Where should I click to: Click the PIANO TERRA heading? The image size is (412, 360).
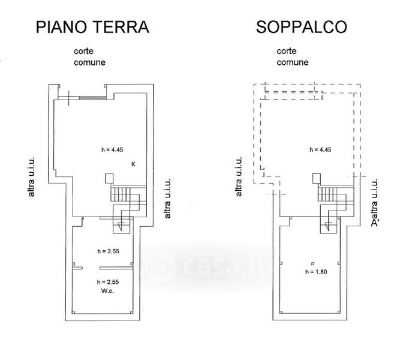pos(92,27)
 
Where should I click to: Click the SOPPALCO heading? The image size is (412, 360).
pos(302,27)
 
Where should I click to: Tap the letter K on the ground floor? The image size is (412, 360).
pos(133,164)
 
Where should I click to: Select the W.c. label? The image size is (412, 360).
pos(107,291)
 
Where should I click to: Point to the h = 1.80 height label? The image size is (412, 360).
pos(316,272)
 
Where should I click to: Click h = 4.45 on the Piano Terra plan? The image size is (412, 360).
pos(112,149)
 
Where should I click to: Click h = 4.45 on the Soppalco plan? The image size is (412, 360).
pos(320,149)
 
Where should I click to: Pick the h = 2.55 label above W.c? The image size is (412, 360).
pos(108,282)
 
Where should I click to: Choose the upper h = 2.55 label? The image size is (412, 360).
pos(109,251)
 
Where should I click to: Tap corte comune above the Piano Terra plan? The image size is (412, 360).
pos(89,56)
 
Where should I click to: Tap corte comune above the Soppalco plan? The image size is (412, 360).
pos(293,56)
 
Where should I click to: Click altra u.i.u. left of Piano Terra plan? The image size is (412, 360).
pos(31,177)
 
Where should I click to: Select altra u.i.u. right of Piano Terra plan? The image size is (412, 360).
pos(167,199)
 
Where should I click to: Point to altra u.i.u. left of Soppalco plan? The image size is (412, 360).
pos(239,177)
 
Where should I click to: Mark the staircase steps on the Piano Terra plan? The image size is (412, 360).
pos(121,194)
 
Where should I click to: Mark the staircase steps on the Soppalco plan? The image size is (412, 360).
pos(328,194)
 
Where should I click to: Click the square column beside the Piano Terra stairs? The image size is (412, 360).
pos(109,178)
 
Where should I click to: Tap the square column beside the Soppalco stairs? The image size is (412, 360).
pos(317,178)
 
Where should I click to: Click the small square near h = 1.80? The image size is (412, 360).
pos(312,263)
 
